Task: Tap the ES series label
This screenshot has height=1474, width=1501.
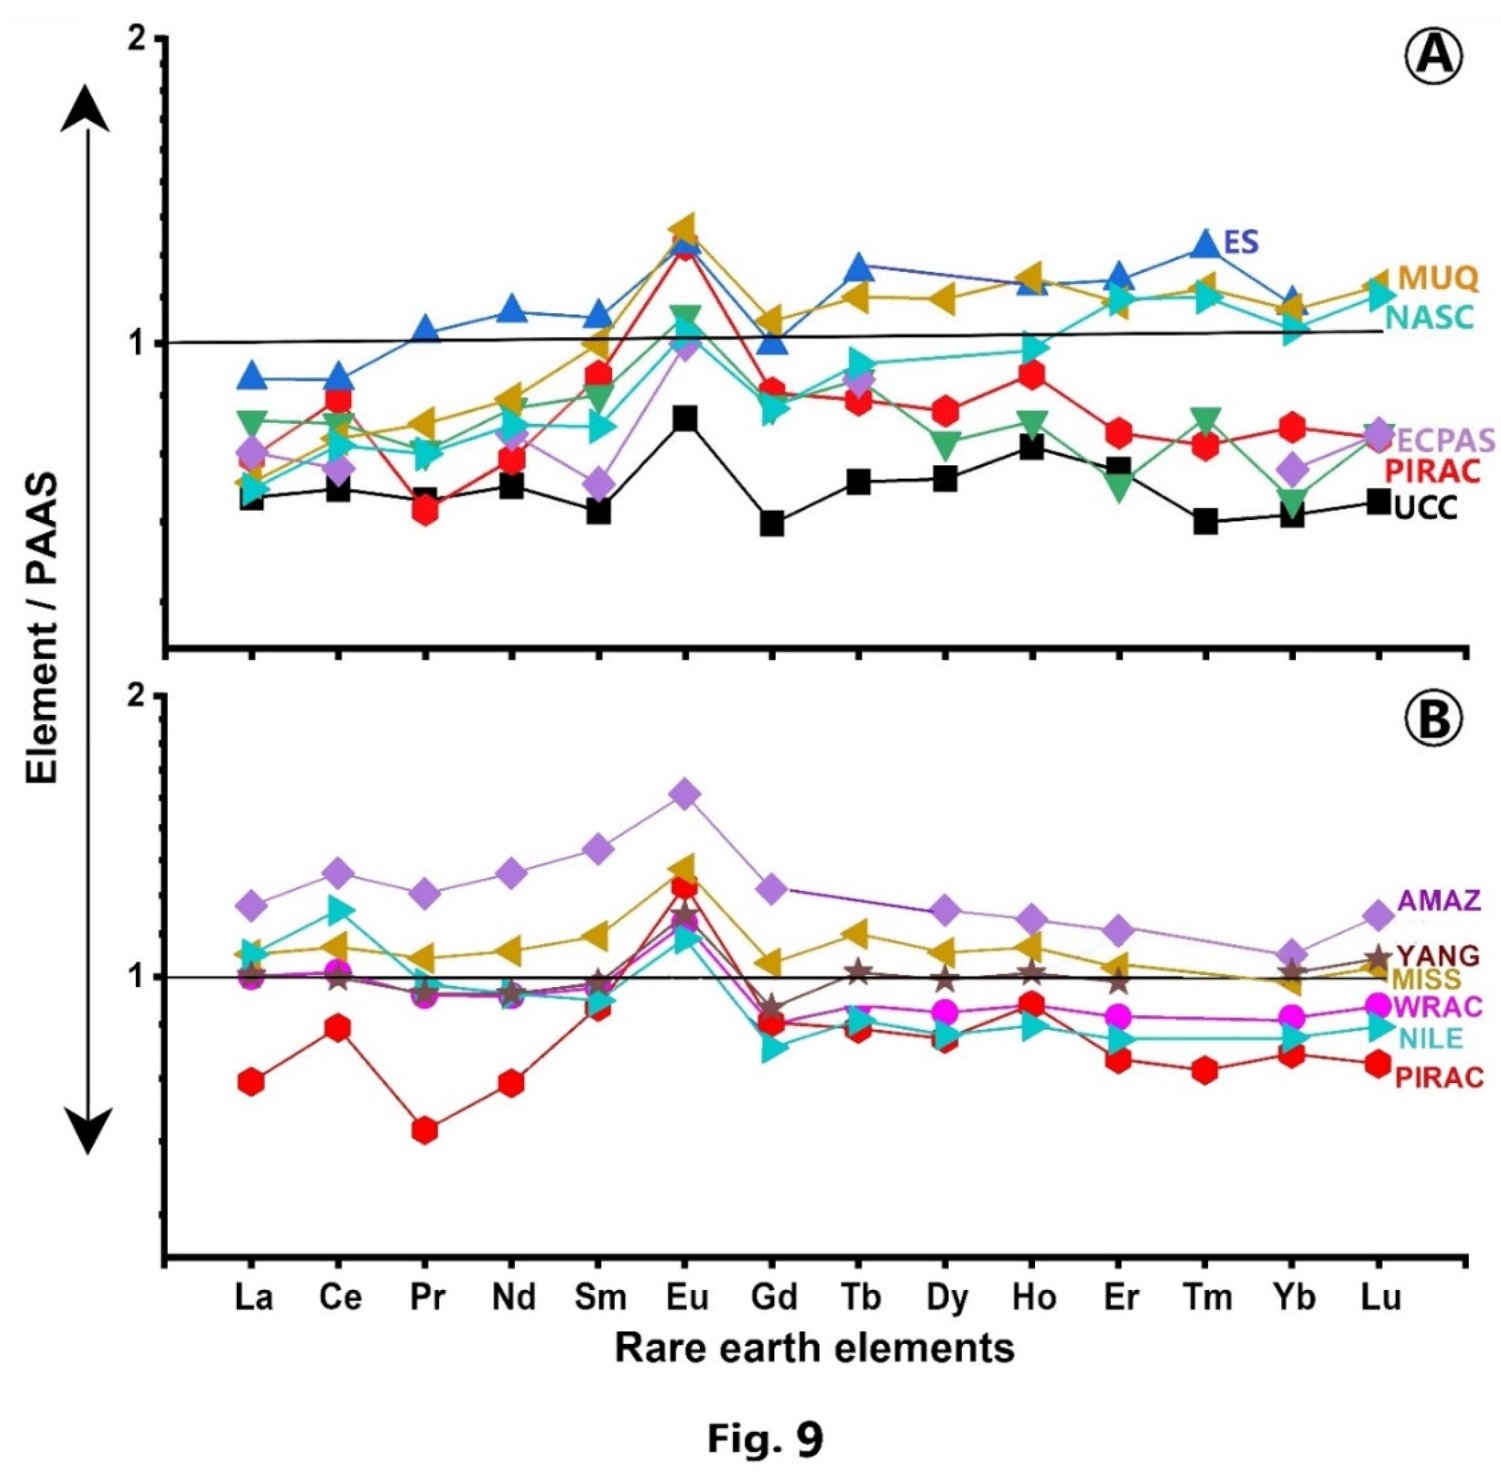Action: tap(1241, 242)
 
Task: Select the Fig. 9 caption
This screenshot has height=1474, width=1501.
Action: tap(765, 1438)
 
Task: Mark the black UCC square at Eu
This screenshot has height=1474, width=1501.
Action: tap(685, 419)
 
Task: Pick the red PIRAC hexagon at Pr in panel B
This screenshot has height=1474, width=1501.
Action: tap(424, 1130)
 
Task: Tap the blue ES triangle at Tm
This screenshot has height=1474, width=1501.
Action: tap(1205, 243)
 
